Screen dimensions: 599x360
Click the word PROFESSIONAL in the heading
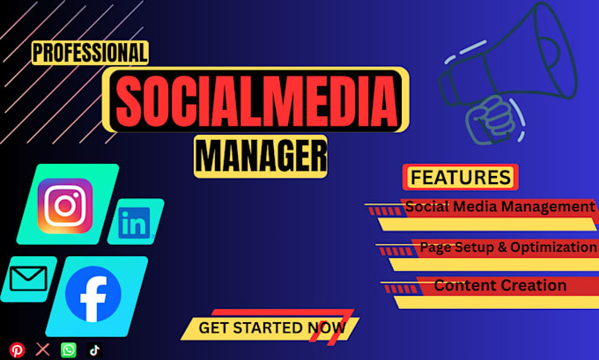tap(90, 53)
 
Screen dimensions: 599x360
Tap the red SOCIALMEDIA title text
tap(255, 100)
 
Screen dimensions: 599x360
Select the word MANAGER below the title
tap(261, 157)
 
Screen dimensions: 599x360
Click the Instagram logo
tap(65, 206)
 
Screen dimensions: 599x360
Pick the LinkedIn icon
tap(134, 223)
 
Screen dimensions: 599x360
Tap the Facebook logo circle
tap(93, 294)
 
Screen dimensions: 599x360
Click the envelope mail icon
tap(28, 279)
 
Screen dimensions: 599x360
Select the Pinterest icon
tap(18, 350)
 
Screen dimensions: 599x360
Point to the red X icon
tap(43, 349)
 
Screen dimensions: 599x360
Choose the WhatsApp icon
tap(69, 350)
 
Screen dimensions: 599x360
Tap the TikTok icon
tap(94, 350)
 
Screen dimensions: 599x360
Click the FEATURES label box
tap(461, 177)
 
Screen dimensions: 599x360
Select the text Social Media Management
tap(499, 207)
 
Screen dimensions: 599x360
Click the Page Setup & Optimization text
tap(508, 247)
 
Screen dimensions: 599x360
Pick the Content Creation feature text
tap(500, 285)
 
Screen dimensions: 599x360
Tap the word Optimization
tap(553, 247)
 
